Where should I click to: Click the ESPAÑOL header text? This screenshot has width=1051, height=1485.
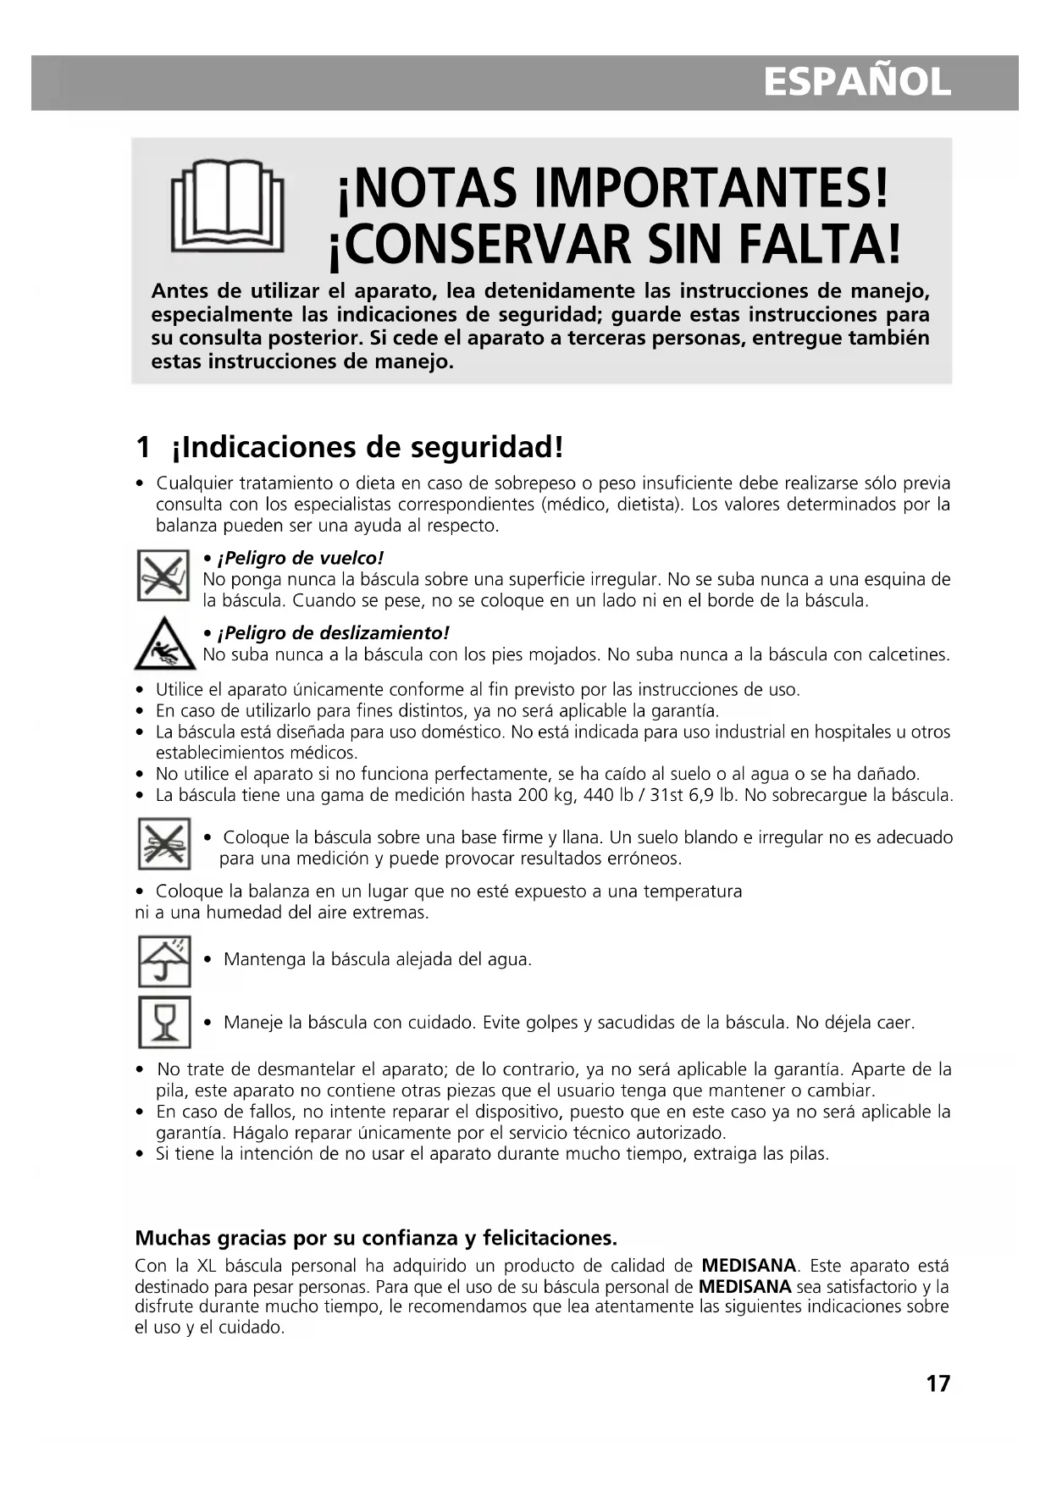pyautogui.click(x=857, y=83)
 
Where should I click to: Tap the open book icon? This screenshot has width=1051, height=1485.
pyautogui.click(x=227, y=206)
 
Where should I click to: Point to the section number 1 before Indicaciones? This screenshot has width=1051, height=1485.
pyautogui.click(x=143, y=446)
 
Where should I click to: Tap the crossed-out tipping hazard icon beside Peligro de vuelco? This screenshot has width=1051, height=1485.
pyautogui.click(x=163, y=575)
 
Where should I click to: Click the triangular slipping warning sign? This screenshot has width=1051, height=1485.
pyautogui.click(x=165, y=644)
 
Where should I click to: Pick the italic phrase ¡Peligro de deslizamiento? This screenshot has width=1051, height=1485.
pyautogui.click(x=333, y=633)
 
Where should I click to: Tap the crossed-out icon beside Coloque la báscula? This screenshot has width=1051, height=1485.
pyautogui.click(x=164, y=844)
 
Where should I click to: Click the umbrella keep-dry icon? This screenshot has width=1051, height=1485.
pyautogui.click(x=164, y=961)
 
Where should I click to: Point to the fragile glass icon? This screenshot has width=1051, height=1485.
pyautogui.click(x=164, y=1022)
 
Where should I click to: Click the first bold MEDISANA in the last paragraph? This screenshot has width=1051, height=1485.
pyautogui.click(x=749, y=1267)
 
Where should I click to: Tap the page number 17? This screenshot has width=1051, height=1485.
pyautogui.click(x=938, y=1384)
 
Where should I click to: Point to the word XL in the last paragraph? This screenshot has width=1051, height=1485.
pyautogui.click(x=207, y=1267)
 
